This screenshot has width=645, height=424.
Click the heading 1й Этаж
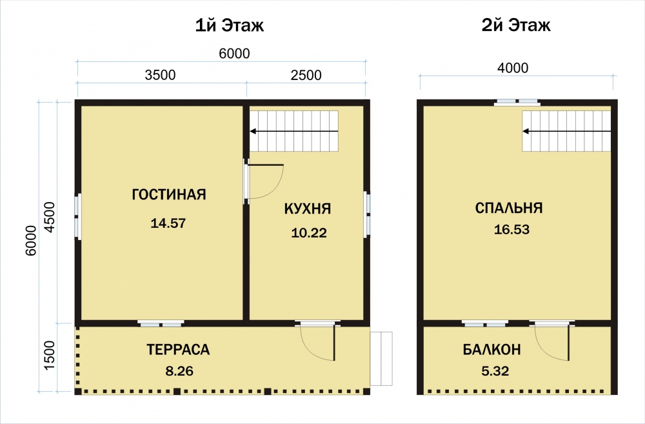click(x=229, y=26)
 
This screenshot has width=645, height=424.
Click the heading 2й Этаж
click(x=516, y=26)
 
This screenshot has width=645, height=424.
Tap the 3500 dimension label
click(x=161, y=75)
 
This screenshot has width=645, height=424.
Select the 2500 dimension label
click(x=306, y=75)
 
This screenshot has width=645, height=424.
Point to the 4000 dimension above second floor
click(x=513, y=68)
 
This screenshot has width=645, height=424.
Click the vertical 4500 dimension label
click(x=50, y=217)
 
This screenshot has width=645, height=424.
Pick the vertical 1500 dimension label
click(x=50, y=355)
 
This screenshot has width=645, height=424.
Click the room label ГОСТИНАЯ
click(x=168, y=194)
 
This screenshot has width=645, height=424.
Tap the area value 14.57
click(x=168, y=223)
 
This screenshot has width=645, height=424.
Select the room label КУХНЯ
click(x=307, y=208)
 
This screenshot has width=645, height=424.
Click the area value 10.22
click(x=309, y=233)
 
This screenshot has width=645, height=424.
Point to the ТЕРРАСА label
click(x=178, y=350)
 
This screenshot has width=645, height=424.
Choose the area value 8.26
click(x=179, y=371)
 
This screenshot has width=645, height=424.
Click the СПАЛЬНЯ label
click(x=509, y=208)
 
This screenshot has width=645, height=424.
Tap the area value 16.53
click(x=511, y=229)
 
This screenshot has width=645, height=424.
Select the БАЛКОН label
click(x=491, y=350)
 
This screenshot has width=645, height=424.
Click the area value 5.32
click(x=495, y=371)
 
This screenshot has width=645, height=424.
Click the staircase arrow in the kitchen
click(x=294, y=131)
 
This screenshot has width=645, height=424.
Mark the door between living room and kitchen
click(x=264, y=181)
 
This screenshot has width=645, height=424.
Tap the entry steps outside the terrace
click(x=381, y=359)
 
